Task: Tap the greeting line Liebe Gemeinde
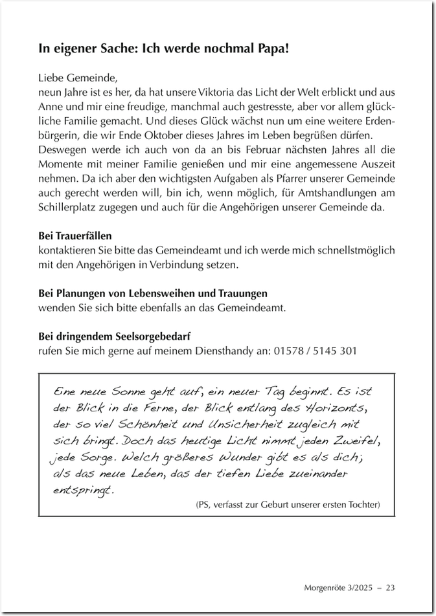(x=78, y=79)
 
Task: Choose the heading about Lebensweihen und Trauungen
(x=153, y=293)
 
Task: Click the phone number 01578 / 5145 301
(x=314, y=350)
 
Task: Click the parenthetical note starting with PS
(x=287, y=504)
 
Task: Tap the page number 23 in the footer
(x=391, y=588)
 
